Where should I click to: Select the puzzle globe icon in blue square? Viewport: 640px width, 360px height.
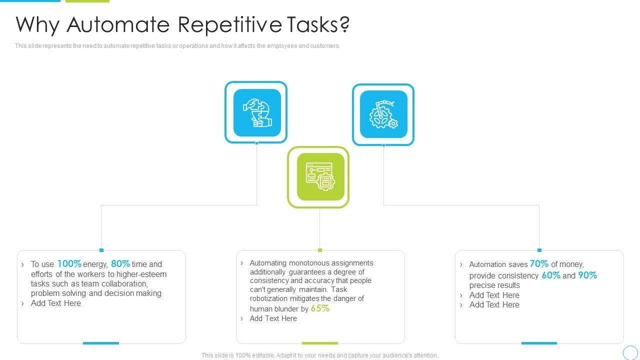256,113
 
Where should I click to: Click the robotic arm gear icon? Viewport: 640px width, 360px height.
383,114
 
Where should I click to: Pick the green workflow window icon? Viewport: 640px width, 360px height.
320,177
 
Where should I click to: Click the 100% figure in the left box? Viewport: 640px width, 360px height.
69,263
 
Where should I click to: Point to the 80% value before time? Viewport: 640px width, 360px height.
120,263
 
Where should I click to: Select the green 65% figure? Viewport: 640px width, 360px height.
320,308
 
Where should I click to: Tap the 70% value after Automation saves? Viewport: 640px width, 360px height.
539,263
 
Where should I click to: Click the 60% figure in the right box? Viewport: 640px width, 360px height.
550,275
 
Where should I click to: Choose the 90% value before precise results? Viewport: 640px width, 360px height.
587,275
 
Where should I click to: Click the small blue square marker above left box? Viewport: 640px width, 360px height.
101,250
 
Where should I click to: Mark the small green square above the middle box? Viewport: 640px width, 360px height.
320,250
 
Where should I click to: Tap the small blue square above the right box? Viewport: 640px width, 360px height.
539,250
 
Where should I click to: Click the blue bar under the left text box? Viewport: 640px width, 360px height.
101,343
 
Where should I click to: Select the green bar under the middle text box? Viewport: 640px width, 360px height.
320,343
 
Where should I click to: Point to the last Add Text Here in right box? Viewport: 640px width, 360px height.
494,304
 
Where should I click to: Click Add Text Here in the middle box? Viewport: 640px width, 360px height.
273,318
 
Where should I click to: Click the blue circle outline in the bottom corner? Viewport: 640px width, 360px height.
630,352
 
